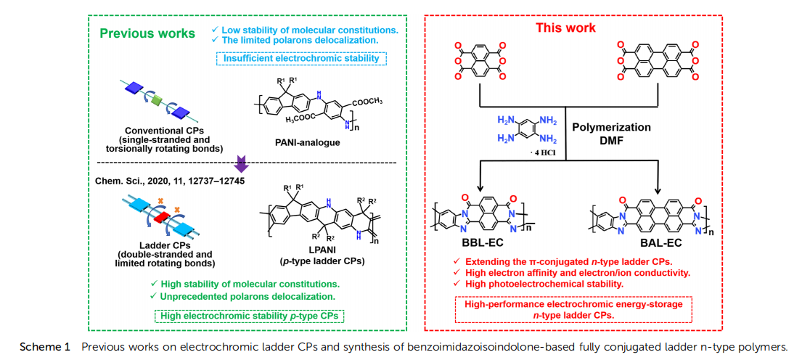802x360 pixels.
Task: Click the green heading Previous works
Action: point(147,33)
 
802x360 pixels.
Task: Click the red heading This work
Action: point(565,28)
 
